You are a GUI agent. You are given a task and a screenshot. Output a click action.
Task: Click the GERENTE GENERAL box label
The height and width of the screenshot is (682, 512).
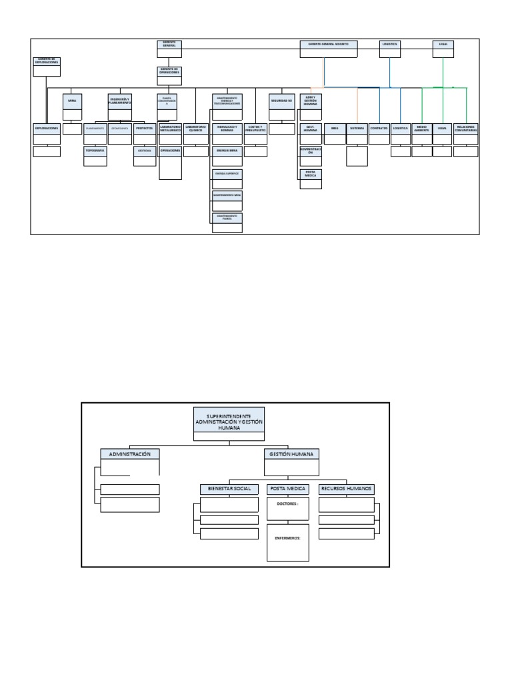pos(169,44)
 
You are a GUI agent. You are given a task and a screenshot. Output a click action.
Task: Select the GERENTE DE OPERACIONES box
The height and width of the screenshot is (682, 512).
pos(169,71)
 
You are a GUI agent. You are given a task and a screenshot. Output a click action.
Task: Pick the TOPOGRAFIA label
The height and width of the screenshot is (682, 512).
pos(95,151)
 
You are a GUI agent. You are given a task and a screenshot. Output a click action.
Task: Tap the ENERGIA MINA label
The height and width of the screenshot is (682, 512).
pos(227,151)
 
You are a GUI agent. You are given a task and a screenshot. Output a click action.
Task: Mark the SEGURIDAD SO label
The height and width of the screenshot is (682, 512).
pos(281,99)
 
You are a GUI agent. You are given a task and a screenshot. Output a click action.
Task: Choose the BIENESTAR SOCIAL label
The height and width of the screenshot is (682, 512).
pos(229,489)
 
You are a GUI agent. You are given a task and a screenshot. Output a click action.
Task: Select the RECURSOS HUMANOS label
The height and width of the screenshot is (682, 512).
pos(346,489)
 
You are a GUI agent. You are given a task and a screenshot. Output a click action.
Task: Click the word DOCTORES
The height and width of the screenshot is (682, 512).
pos(287,504)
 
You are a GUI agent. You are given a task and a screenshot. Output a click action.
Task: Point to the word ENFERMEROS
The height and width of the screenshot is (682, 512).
pos(287,537)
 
